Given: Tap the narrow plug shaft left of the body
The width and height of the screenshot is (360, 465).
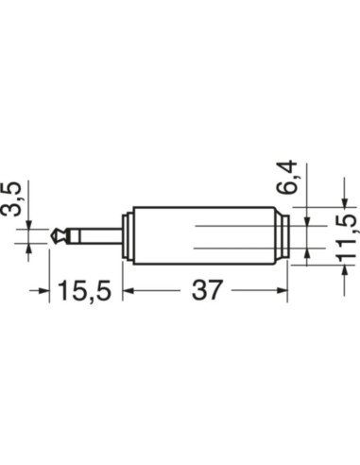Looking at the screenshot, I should [x=94, y=236].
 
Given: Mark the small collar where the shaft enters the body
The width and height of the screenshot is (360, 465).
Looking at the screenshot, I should [x=127, y=236].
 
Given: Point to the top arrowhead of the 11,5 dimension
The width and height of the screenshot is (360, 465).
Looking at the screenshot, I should [x=344, y=201].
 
